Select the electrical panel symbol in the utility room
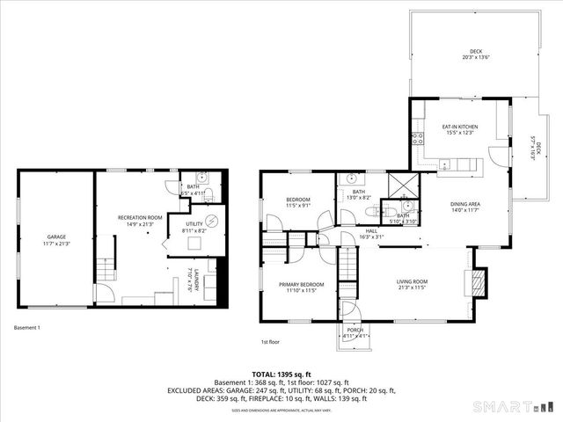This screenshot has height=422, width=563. click(x=209, y=220)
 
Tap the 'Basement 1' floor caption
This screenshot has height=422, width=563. click(x=27, y=328)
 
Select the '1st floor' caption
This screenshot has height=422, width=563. click(x=270, y=342)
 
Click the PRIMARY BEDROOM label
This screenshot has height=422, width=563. click(x=302, y=284)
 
